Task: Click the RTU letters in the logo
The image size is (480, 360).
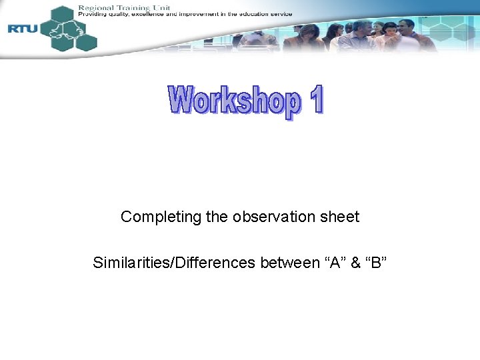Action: (x=23, y=28)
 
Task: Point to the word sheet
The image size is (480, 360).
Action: (x=340, y=217)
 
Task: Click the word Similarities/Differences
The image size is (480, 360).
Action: (x=174, y=263)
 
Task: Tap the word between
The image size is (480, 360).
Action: (x=290, y=263)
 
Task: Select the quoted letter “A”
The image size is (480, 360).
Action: (x=335, y=263)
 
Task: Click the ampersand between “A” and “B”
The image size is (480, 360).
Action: (x=355, y=263)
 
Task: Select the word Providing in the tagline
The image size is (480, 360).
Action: (x=91, y=14)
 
